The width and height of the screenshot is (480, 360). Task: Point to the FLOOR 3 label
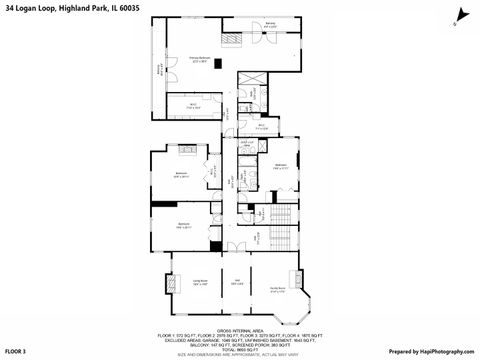click(17, 351)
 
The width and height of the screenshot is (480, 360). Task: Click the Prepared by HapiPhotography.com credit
click(431, 351)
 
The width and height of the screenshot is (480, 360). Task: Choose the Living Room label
click(200, 283)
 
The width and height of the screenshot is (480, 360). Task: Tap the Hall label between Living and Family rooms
click(237, 281)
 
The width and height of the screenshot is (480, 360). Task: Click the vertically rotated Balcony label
click(158, 70)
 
